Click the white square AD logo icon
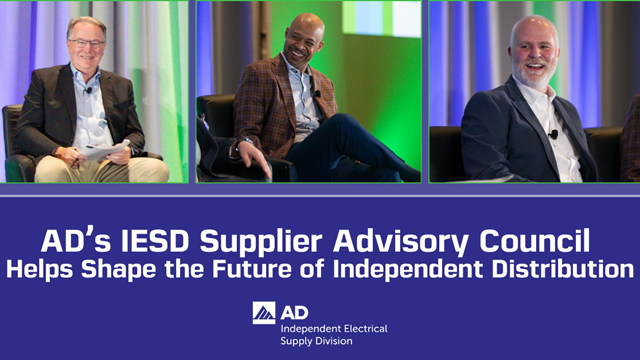pos(264,313)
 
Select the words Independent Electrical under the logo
pos(334,329)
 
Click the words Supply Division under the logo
pos(316,341)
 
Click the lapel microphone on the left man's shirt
pos(89,90)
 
